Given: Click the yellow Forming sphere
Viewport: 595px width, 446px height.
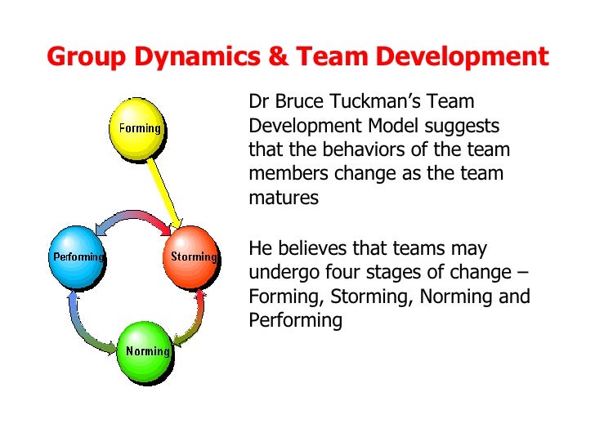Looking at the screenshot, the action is point(139,127).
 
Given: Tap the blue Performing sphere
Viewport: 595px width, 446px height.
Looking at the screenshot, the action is point(78,256).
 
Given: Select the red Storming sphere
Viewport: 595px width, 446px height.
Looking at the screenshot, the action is point(194,256).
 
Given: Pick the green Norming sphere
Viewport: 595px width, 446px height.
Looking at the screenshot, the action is point(147,352).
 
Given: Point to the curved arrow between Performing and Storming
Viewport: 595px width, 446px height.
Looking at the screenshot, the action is point(136,216).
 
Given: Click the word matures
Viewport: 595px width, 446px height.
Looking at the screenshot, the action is point(283,198).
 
